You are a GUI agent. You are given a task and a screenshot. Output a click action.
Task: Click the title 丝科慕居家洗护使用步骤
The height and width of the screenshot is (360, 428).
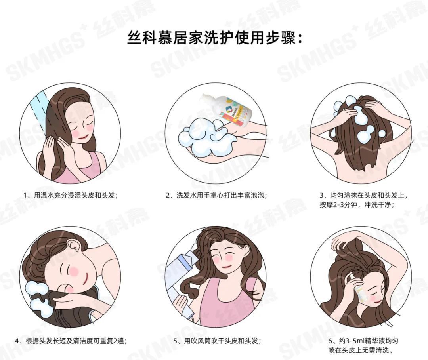tap(214, 38)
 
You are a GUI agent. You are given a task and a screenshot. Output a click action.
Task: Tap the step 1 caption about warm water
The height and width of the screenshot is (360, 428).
tap(71, 196)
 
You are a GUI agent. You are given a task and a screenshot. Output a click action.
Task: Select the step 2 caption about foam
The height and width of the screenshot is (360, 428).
tap(216, 196)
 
